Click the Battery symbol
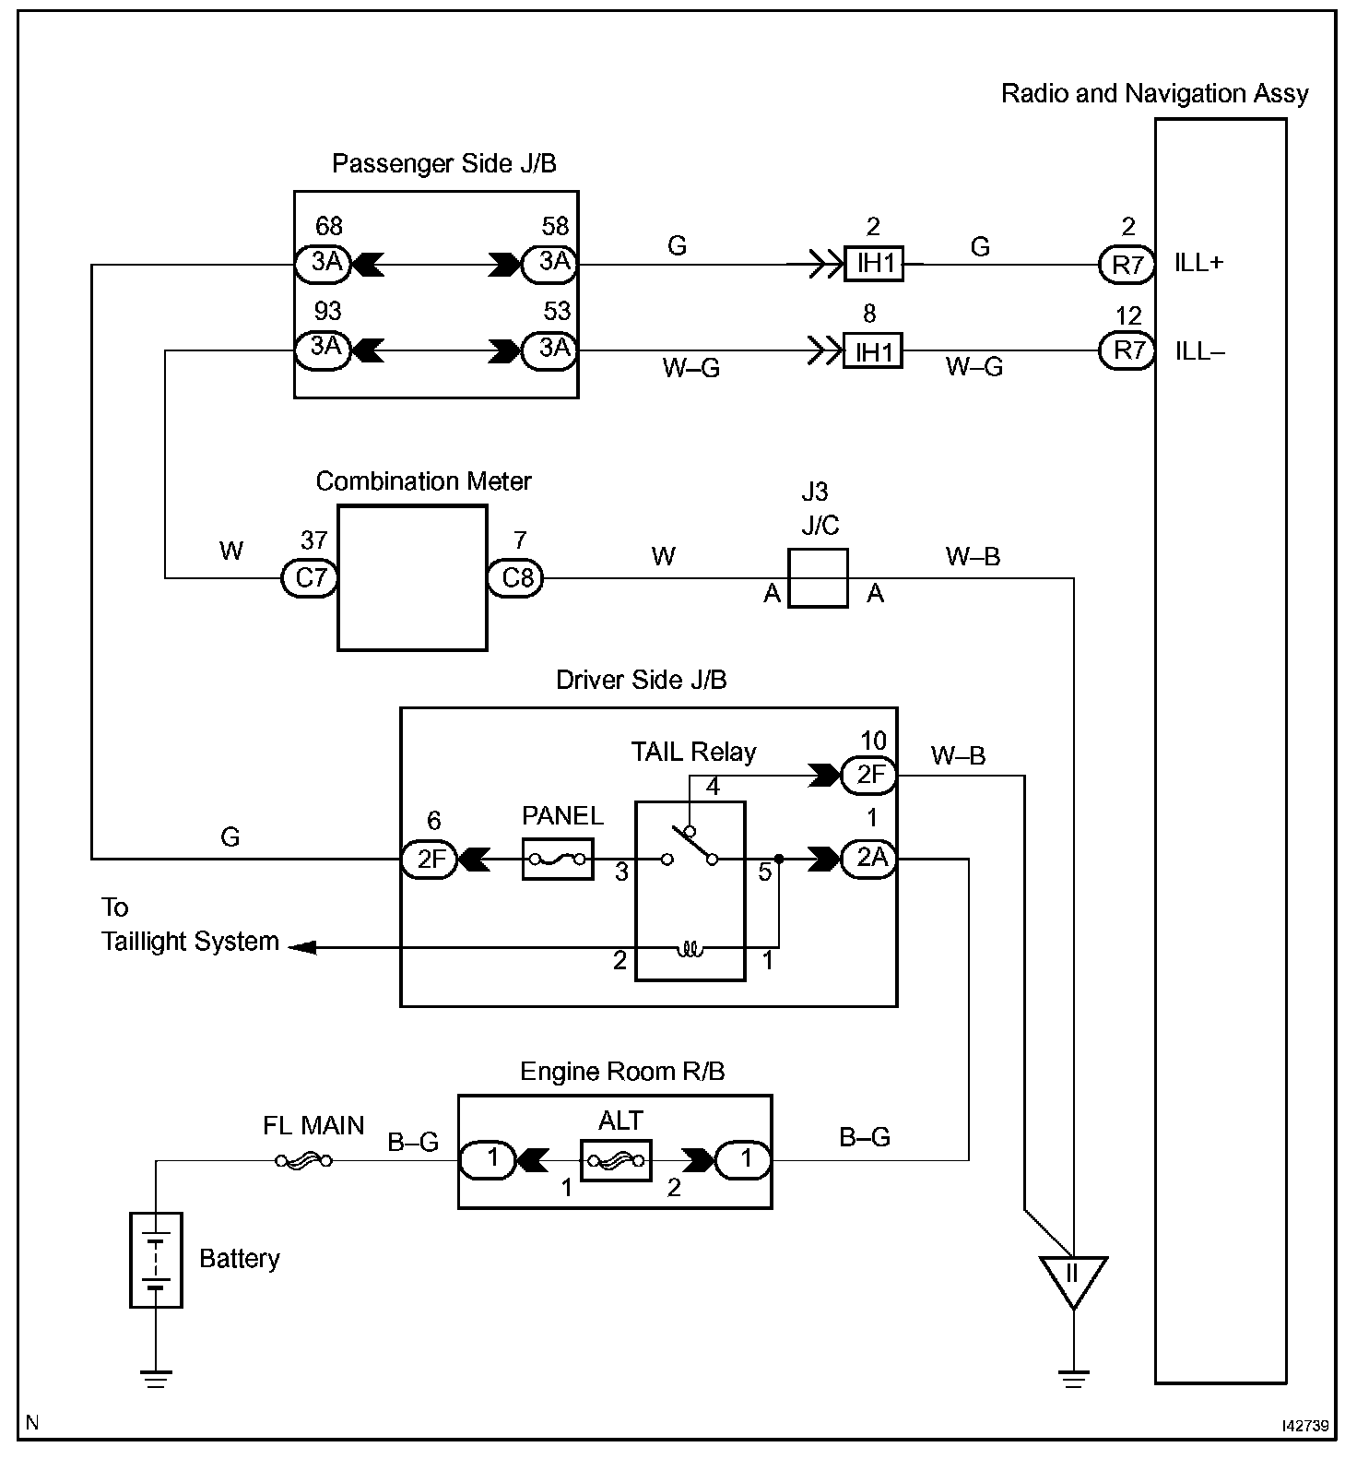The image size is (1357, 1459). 156,1260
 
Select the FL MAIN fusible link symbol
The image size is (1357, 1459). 303,1161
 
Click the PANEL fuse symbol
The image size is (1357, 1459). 558,859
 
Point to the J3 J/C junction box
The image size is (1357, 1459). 818,578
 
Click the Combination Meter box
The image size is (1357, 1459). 412,578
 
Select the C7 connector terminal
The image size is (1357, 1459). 310,578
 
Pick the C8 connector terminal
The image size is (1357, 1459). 516,578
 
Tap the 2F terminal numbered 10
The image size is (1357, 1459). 869,776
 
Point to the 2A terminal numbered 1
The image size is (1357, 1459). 869,859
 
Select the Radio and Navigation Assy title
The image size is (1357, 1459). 1154,93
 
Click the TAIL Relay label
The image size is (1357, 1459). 693,752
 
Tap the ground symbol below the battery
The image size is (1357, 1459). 156,1380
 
